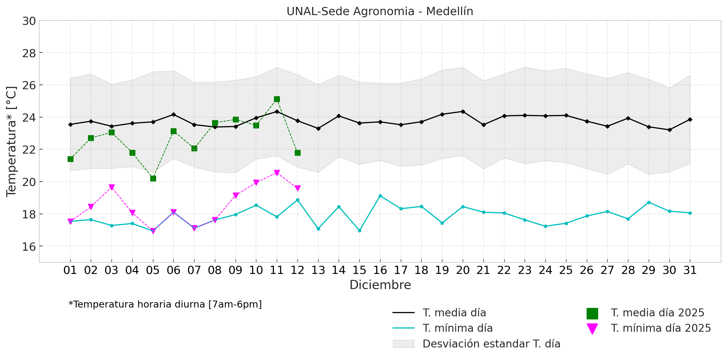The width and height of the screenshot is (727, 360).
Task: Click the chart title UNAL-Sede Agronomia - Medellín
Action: pos(380,11)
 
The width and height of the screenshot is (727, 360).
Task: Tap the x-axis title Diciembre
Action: pos(380,285)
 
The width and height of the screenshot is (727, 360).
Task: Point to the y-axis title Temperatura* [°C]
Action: pos(11,141)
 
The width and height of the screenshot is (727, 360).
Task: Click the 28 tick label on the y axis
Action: pos(29,53)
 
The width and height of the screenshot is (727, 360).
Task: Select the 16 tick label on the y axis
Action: pos(29,247)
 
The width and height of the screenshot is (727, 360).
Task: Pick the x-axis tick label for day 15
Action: pos(359,270)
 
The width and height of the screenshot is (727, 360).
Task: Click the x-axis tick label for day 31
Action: pos(690,270)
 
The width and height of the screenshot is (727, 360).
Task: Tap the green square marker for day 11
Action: pos(277,99)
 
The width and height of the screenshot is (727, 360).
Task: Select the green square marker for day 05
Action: pos(153,178)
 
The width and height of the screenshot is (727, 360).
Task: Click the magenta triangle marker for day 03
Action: pos(112,187)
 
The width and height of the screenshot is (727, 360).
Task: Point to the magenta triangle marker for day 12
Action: pos(298,188)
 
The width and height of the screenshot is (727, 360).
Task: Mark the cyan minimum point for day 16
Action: pos(380,196)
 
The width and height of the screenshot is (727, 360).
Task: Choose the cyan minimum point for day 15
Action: pos(359,231)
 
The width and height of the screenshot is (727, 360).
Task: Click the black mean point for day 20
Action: pos(463,112)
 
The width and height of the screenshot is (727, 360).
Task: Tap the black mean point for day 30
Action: pos(670,130)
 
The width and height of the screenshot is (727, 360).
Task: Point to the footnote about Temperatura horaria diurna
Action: pos(165,304)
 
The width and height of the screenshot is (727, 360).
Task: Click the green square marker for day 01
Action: pos(70,159)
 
